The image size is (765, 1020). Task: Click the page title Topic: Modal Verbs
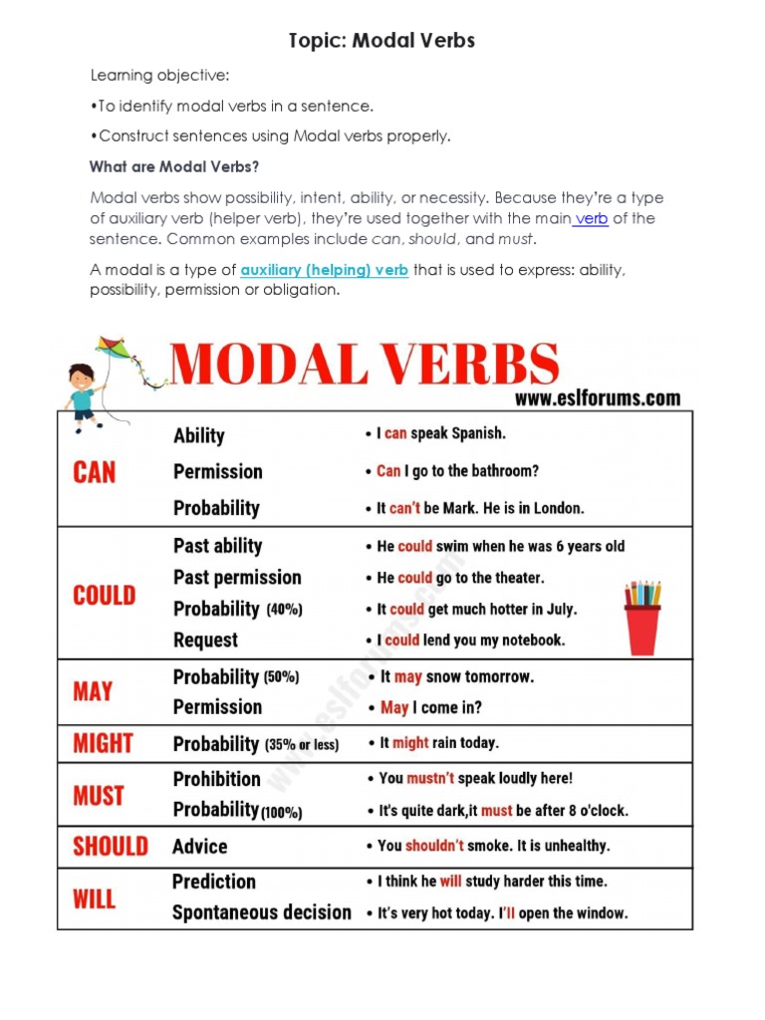coord(382,41)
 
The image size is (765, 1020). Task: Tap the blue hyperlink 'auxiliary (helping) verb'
coord(324,270)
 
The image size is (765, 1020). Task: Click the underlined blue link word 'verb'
coord(591,219)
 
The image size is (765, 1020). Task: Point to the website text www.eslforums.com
coord(598,398)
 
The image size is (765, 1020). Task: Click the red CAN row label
coord(95,472)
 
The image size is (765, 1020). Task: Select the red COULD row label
coord(104,596)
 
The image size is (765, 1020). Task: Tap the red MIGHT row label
coord(103,743)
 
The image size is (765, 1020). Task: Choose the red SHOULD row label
coord(110,847)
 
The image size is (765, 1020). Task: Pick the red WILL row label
coord(95,898)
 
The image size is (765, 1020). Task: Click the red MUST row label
coord(99,796)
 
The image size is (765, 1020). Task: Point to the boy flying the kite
coord(84,393)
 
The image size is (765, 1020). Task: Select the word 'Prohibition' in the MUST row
coord(216,779)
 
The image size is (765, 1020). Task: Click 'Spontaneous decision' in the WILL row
coord(261,912)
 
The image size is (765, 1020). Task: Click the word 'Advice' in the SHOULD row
coord(200,847)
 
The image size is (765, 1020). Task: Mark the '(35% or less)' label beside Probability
coord(302,745)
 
